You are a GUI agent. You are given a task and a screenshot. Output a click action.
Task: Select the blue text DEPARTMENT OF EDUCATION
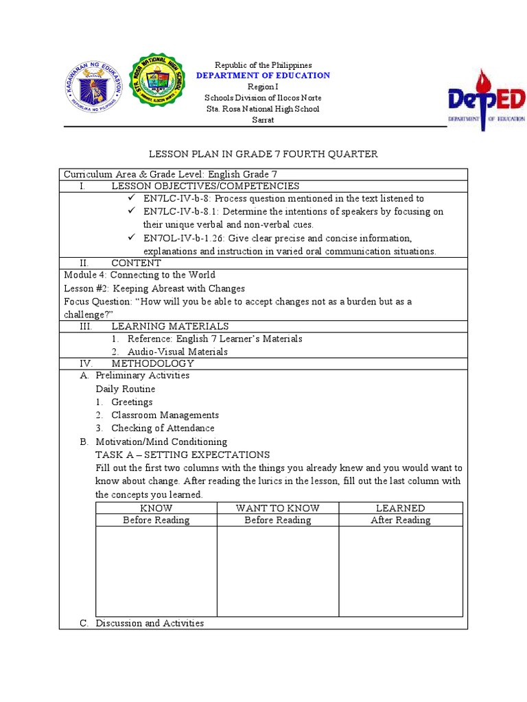(x=263, y=75)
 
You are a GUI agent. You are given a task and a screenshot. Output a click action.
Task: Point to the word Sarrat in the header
(x=263, y=120)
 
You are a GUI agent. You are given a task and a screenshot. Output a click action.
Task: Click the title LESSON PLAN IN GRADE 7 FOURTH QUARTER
(x=263, y=154)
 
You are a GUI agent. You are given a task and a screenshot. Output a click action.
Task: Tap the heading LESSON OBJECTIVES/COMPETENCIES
(x=205, y=186)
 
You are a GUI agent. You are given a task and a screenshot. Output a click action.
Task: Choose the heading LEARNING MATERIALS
(x=170, y=326)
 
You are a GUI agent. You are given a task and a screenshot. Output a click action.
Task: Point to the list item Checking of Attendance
(x=163, y=428)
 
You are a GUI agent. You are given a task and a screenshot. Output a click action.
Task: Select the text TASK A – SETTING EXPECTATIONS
(x=183, y=455)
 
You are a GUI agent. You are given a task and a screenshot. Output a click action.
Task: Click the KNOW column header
(x=156, y=508)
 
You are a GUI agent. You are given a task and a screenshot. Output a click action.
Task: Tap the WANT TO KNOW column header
(x=278, y=508)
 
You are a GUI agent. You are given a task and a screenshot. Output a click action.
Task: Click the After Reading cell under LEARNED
(x=401, y=520)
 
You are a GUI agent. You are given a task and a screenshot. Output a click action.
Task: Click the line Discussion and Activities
(x=150, y=623)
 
